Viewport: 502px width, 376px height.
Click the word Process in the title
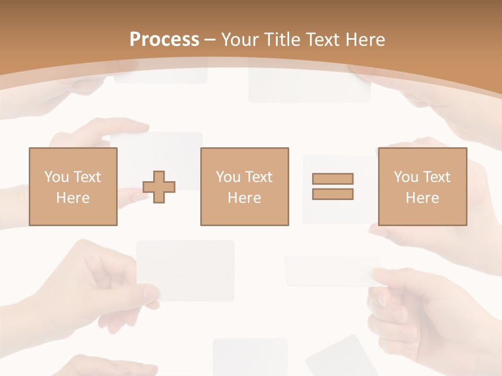tap(164, 40)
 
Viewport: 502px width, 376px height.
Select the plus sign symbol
tap(159, 186)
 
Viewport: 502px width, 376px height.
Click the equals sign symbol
tap(333, 186)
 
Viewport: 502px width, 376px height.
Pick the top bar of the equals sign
tap(333, 179)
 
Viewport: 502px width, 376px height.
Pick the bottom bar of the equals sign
tap(333, 194)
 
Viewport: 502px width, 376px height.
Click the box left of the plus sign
tap(73, 186)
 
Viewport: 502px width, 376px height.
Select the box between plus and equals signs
tap(244, 186)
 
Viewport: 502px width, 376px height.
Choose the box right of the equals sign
tap(422, 186)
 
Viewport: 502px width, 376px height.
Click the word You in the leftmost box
tap(56, 177)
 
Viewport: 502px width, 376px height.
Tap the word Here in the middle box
tap(244, 198)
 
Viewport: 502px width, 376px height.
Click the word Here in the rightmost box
tap(422, 198)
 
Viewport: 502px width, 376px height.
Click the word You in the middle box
tap(228, 177)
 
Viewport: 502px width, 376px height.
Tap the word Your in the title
tap(241, 40)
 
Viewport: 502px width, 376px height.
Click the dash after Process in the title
tap(210, 40)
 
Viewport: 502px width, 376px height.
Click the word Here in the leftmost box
tap(73, 198)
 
